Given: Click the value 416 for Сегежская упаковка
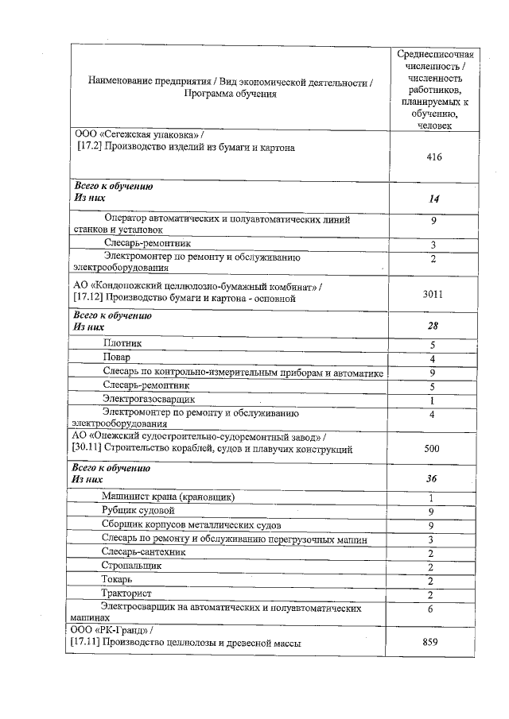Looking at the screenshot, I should point(433,157).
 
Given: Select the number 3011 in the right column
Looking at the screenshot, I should point(433,294).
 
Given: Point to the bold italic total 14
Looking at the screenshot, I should point(433,199).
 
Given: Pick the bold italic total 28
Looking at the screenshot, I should point(433,326).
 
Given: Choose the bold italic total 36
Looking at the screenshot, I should point(433,479).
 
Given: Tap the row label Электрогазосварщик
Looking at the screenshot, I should point(149,399).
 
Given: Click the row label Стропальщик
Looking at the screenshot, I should point(131,566).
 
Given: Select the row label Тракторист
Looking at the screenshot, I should point(127,593).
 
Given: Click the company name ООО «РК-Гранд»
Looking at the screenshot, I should point(106,629).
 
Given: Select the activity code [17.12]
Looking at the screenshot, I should point(85,298).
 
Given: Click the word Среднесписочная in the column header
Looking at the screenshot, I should point(435,53).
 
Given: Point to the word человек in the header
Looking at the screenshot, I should point(434,126).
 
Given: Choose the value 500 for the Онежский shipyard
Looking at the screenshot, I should point(432,449).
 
